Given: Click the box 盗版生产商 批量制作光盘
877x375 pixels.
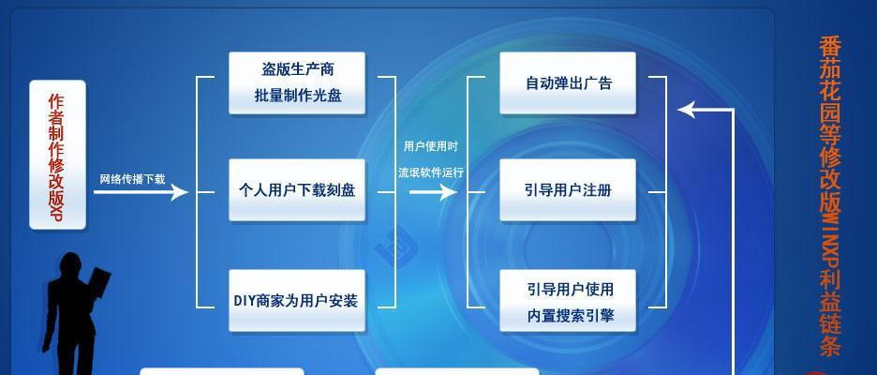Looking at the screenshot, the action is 297,82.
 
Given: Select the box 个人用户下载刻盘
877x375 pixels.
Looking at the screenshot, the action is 297,190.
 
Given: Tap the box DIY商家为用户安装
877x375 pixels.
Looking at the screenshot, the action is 297,301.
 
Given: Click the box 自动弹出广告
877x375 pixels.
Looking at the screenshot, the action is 568,82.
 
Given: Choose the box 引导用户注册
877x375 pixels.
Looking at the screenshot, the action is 568,190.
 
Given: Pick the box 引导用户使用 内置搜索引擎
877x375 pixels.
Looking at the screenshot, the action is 568,301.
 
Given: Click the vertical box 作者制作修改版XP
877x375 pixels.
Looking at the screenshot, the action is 57,155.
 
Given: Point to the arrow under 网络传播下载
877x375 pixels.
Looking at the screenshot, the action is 141,192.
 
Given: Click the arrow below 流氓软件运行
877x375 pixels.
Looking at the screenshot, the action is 434,192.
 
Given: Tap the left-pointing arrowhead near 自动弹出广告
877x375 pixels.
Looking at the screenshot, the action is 686,110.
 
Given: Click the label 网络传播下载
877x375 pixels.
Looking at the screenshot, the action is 132,179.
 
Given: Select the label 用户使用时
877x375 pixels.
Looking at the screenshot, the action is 431,146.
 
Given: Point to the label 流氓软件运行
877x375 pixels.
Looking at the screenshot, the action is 431,172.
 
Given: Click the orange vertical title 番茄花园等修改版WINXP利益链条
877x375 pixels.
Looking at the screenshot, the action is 830,196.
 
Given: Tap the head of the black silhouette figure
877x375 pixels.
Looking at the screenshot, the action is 71,264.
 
